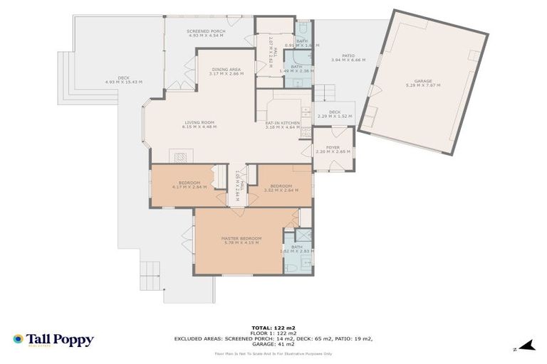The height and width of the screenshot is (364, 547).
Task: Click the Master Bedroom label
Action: [241, 238]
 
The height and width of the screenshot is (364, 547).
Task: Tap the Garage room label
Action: [422, 81]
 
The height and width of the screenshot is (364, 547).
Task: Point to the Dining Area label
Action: [225, 69]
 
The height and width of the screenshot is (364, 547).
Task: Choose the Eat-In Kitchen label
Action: [282, 123]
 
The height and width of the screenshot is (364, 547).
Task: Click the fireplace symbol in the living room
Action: [180, 156]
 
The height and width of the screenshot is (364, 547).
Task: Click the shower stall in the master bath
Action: [303, 235]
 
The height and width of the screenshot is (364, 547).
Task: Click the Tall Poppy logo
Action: [53, 340]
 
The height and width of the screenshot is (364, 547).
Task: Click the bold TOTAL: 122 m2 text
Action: [273, 328]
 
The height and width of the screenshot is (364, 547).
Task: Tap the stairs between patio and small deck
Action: [325, 92]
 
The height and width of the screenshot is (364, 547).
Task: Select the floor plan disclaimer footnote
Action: [273, 352]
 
